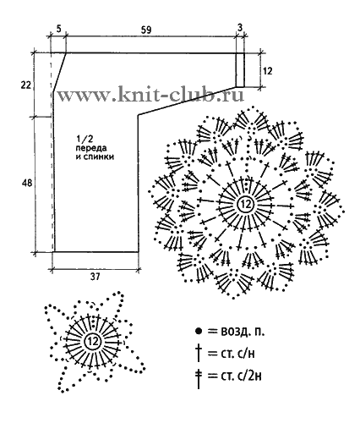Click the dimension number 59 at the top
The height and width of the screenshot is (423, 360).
click(x=147, y=30)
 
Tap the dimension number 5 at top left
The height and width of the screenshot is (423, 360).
click(x=57, y=29)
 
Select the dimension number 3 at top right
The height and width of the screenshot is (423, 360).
click(x=240, y=28)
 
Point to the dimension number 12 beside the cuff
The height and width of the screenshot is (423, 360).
click(x=267, y=71)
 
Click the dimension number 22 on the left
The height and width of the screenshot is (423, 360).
click(x=25, y=85)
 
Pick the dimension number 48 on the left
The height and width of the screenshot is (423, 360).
click(x=27, y=183)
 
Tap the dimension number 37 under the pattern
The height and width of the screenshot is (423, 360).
click(x=95, y=277)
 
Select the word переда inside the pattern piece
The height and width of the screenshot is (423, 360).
click(x=90, y=148)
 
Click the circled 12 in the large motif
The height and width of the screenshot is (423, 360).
click(x=245, y=204)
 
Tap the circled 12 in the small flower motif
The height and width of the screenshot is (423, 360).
click(x=92, y=342)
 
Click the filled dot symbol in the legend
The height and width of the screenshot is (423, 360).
click(x=199, y=331)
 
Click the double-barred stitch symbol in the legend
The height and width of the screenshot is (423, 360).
click(x=199, y=378)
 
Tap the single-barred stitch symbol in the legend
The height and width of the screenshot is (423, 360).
click(x=199, y=354)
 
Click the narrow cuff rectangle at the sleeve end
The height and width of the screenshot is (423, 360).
click(x=240, y=70)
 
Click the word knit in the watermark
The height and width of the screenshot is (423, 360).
click(x=136, y=95)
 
